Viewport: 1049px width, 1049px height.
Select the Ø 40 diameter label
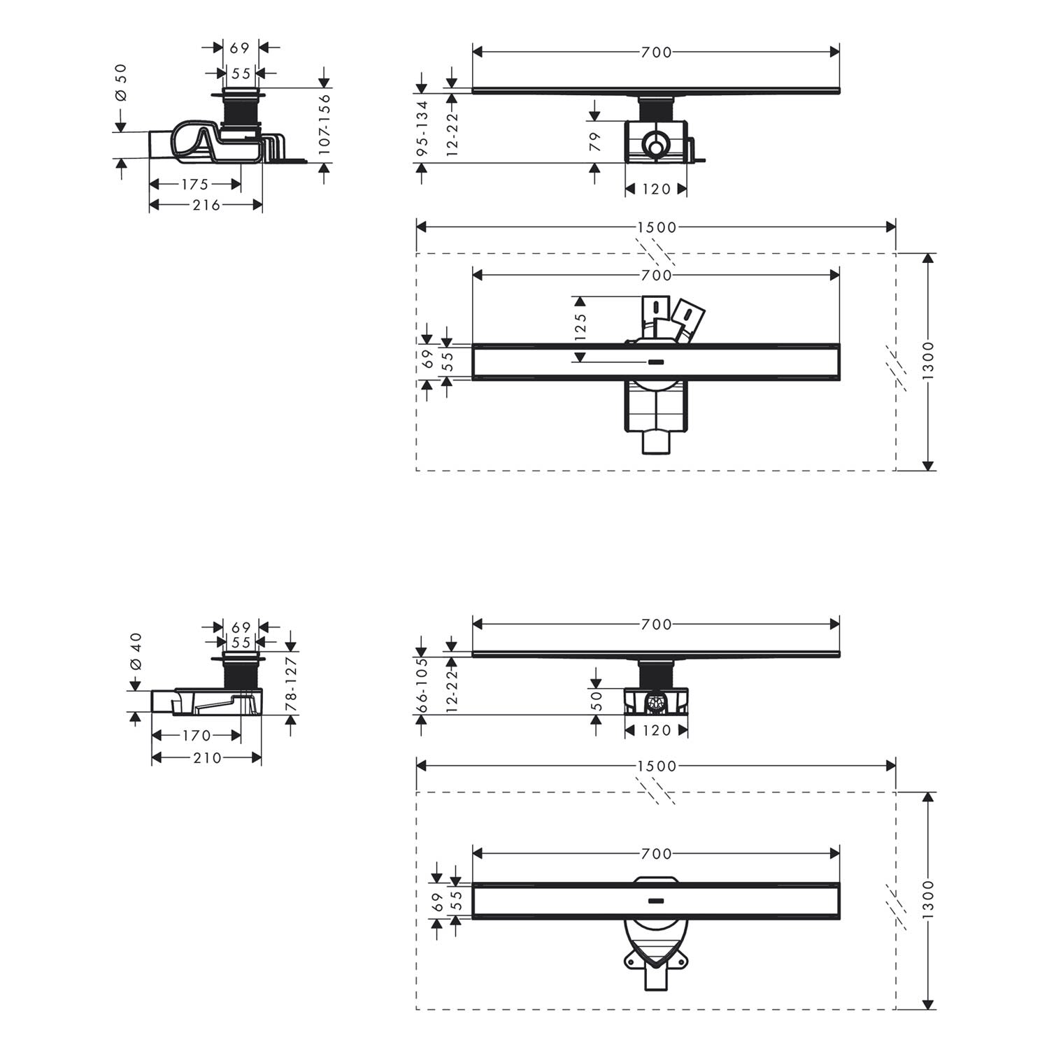(x=136, y=652)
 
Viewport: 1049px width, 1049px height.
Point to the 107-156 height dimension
(x=324, y=124)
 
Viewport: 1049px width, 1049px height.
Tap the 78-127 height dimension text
(x=292, y=683)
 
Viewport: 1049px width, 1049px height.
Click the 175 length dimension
(x=195, y=185)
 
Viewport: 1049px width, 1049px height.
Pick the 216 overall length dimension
(x=206, y=205)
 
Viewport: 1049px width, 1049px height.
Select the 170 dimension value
(x=197, y=736)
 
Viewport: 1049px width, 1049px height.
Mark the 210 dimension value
(x=207, y=757)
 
